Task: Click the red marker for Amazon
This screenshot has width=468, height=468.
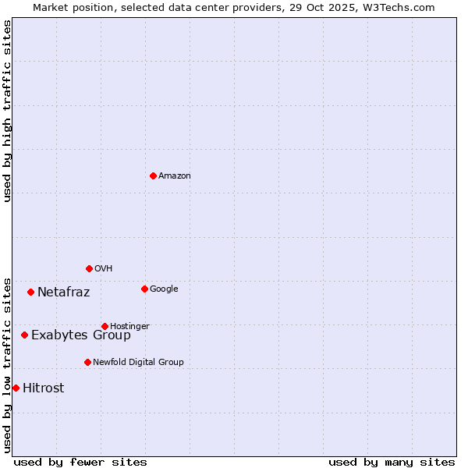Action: click(153, 175)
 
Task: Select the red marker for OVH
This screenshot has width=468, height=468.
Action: click(89, 268)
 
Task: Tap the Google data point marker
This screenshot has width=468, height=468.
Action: click(144, 289)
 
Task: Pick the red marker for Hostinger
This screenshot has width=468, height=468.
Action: click(105, 326)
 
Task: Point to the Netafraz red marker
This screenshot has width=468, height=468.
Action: click(30, 292)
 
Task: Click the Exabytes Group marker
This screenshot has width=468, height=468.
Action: click(24, 335)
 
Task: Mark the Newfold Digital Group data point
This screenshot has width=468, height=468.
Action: click(87, 362)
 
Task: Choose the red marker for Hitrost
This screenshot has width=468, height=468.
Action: click(16, 388)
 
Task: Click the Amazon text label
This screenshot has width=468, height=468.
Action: click(174, 176)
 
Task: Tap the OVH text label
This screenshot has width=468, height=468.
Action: click(103, 269)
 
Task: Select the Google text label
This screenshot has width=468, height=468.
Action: click(164, 289)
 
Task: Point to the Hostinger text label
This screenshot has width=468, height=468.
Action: click(129, 326)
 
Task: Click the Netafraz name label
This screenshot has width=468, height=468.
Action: click(63, 292)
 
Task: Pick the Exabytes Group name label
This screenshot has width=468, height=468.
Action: click(80, 335)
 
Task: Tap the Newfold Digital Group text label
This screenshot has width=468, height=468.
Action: click(138, 362)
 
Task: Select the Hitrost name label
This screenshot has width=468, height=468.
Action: click(43, 388)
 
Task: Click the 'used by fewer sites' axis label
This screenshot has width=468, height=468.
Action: click(80, 462)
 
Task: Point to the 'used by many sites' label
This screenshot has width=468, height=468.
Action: click(392, 462)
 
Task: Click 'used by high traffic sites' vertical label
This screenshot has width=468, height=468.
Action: click(7, 111)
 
